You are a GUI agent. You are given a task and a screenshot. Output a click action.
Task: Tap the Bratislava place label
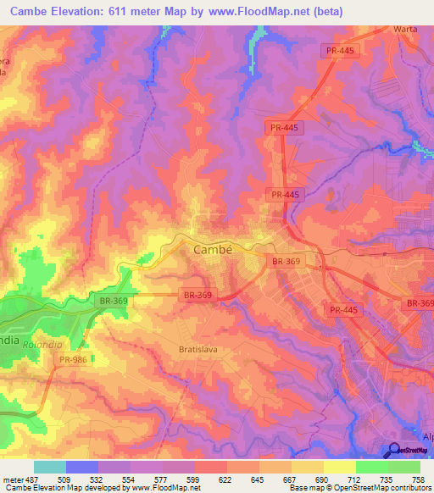(201, 349)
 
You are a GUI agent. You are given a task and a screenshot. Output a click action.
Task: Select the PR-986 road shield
(72, 360)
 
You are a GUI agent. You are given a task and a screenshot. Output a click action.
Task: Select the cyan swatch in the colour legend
(50, 467)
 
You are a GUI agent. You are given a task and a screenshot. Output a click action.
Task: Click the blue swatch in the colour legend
(82, 467)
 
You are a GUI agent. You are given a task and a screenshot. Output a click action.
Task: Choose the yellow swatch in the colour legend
(339, 467)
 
